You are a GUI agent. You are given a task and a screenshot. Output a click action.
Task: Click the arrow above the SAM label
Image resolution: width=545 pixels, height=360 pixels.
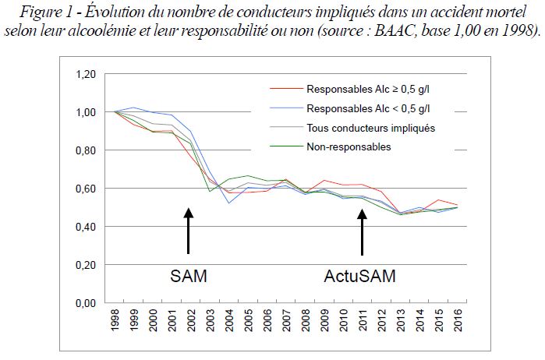click(x=188, y=231)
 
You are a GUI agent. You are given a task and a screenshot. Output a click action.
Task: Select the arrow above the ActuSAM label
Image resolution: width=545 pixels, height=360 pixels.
click(x=363, y=232)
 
